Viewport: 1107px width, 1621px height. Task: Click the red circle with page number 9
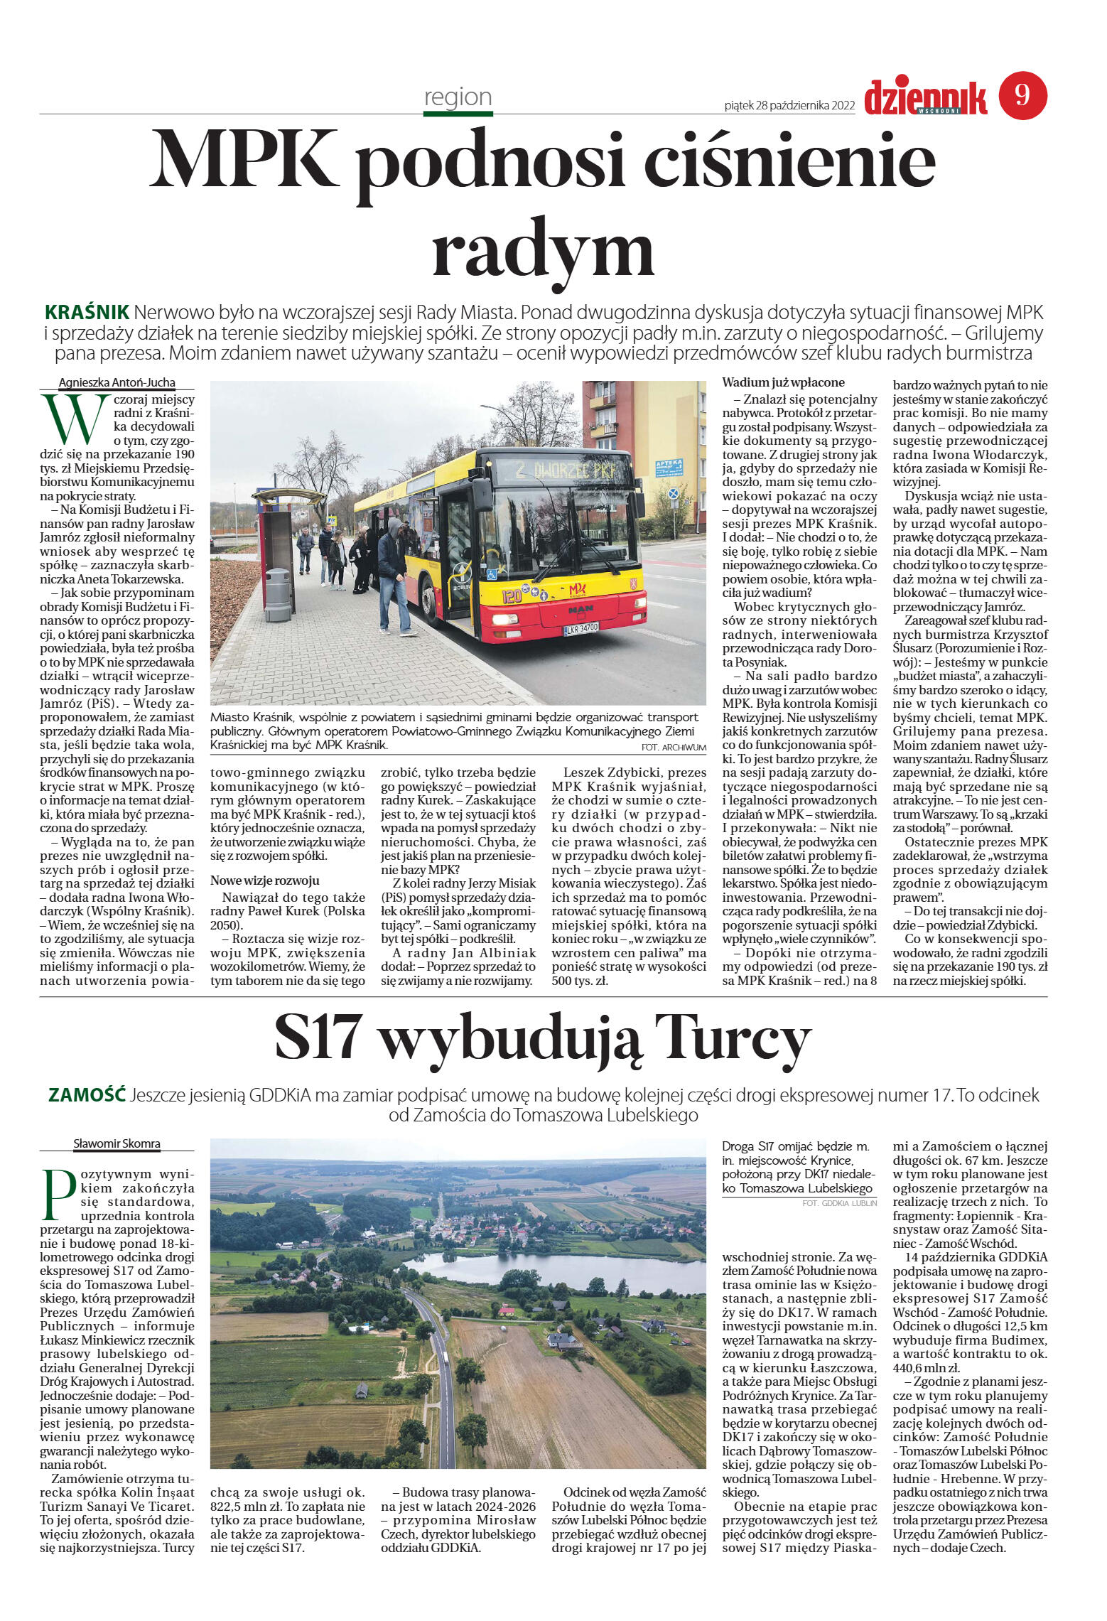(x=1022, y=95)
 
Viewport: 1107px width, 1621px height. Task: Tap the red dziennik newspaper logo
(x=926, y=97)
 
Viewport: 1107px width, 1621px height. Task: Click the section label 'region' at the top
(x=458, y=97)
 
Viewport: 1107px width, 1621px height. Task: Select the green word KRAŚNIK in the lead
(x=87, y=312)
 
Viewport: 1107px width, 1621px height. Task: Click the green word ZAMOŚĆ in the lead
(x=87, y=1095)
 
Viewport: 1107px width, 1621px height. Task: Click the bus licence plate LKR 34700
(x=581, y=628)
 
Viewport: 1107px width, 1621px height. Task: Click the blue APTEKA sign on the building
(x=668, y=467)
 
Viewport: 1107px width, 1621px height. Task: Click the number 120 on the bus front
(x=512, y=596)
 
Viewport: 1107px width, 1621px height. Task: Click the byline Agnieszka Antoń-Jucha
(x=117, y=382)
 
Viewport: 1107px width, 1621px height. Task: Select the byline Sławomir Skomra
(x=117, y=1143)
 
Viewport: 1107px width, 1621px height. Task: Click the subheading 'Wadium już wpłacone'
(x=783, y=382)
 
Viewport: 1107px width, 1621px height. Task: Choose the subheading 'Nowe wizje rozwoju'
(x=264, y=880)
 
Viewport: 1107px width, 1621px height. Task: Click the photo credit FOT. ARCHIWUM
(x=673, y=747)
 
